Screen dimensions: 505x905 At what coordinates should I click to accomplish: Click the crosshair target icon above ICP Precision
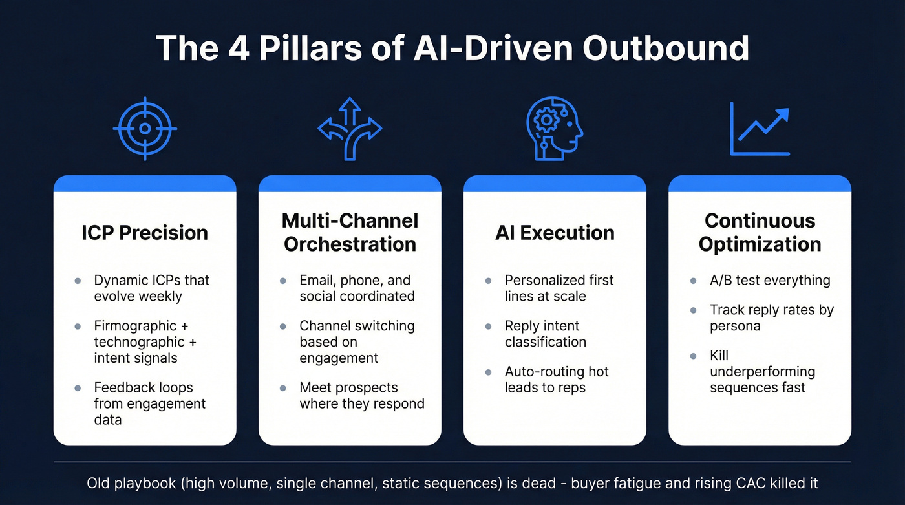(145, 129)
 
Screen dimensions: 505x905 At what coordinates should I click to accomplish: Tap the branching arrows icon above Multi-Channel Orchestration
(350, 129)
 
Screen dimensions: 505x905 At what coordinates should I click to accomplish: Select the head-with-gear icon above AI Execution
(554, 129)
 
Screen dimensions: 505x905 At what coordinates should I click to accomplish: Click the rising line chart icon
(760, 129)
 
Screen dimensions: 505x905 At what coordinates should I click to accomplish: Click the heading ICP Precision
(145, 233)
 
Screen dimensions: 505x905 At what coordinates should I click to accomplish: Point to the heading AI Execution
(555, 233)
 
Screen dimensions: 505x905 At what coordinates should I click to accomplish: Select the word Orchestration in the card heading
(350, 244)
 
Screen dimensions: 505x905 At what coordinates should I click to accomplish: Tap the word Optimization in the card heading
(760, 244)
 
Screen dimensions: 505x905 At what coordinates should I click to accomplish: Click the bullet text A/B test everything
(770, 281)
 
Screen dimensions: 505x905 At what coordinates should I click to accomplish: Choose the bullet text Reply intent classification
(545, 334)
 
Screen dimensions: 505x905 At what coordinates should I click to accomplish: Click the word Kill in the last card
(719, 356)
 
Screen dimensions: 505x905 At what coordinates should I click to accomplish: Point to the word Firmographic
(134, 326)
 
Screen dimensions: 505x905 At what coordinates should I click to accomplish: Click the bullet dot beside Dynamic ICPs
(78, 281)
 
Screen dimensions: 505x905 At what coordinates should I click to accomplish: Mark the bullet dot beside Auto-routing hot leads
(488, 372)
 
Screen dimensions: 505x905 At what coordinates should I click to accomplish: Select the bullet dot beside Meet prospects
(283, 388)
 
